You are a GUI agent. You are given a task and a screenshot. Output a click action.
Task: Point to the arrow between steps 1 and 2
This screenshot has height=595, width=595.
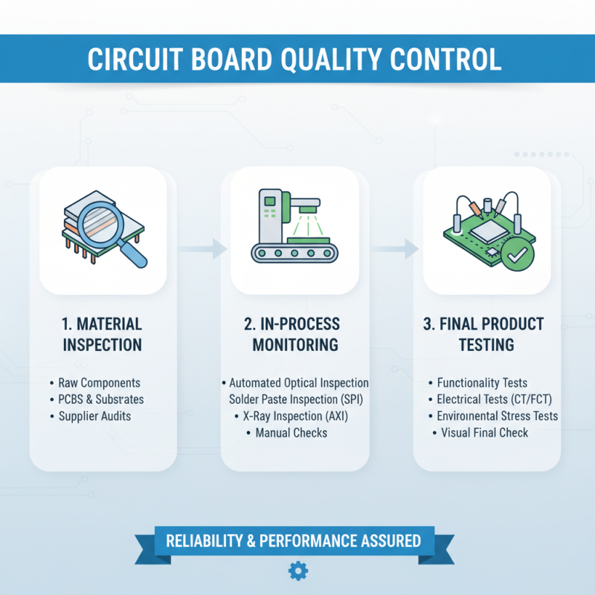tap(212, 248)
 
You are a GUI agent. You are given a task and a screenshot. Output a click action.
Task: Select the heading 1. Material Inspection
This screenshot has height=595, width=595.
tap(102, 335)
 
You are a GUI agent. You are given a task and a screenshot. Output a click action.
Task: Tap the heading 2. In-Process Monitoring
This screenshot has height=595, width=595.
tap(295, 335)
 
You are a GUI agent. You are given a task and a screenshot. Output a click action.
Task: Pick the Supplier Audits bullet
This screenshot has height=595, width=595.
tap(94, 416)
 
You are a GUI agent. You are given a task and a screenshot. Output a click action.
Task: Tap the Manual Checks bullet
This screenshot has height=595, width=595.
tap(291, 432)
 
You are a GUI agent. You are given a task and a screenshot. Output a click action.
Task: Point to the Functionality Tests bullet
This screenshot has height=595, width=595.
tap(483, 383)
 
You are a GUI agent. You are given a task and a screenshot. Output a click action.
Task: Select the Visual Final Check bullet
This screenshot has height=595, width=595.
tap(484, 432)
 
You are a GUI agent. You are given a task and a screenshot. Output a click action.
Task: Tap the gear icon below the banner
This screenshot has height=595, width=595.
tap(297, 570)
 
